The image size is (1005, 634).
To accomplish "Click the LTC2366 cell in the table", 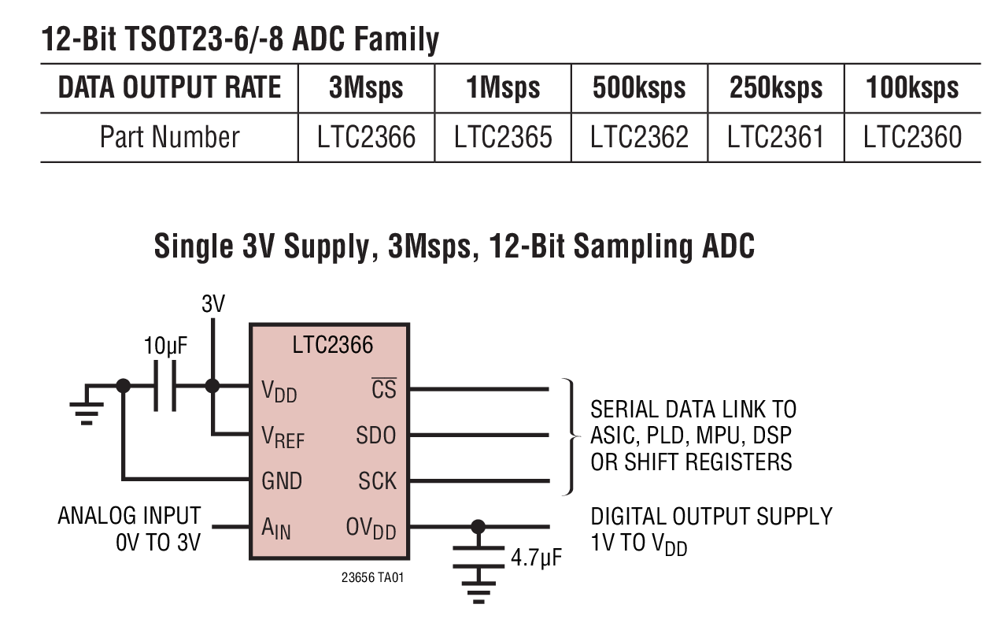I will [366, 138].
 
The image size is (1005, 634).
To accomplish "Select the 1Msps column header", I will [503, 88].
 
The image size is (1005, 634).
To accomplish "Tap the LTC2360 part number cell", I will [912, 138].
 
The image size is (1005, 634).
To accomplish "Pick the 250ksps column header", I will [775, 88].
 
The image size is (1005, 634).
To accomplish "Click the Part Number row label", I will [169, 138].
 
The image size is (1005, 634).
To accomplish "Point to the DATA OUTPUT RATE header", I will [169, 88].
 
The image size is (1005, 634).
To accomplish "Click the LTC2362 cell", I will [639, 138].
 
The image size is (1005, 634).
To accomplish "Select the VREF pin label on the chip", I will [283, 437].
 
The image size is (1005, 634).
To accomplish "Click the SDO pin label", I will [376, 435].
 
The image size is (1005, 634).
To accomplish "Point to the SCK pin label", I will [378, 480].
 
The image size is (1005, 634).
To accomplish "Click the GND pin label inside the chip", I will [282, 480].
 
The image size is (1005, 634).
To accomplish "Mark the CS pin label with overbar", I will [384, 388].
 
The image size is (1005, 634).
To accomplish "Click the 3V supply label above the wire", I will [212, 304].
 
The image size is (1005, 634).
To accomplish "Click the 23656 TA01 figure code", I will [374, 577].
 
